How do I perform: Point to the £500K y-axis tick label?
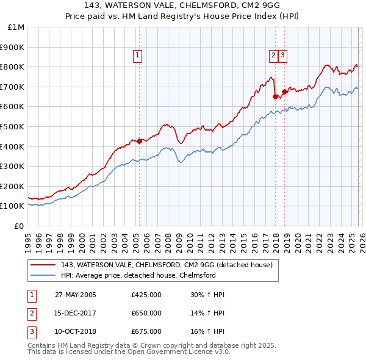(x=13, y=127)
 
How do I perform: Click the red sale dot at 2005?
(x=139, y=141)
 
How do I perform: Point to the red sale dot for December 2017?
(x=275, y=96)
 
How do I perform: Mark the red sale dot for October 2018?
(x=284, y=92)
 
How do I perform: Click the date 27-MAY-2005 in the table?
(x=76, y=295)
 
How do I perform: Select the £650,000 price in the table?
(x=146, y=313)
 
